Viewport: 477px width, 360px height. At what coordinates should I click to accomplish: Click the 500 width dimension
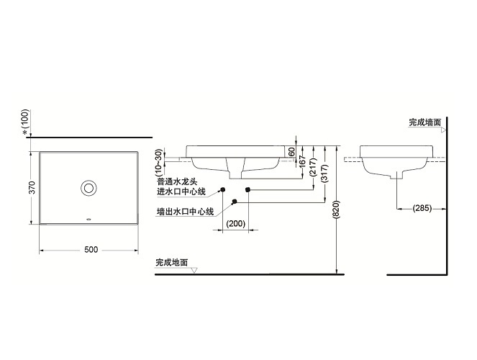point(90,249)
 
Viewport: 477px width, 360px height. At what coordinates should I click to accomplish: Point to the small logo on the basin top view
point(88,217)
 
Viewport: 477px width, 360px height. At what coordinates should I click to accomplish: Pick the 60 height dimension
point(292,152)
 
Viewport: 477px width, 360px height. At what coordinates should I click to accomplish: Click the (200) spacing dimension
point(235,224)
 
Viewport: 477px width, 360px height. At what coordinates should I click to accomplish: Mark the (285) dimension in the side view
point(422,210)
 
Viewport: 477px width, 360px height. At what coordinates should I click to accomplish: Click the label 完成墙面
point(424,122)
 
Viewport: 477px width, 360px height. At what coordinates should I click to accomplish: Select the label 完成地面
point(171,264)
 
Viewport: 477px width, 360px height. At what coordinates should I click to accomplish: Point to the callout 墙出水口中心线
point(186,212)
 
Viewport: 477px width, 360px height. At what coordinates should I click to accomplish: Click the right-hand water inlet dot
point(247,189)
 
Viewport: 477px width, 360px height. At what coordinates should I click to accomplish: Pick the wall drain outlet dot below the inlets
point(234,201)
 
